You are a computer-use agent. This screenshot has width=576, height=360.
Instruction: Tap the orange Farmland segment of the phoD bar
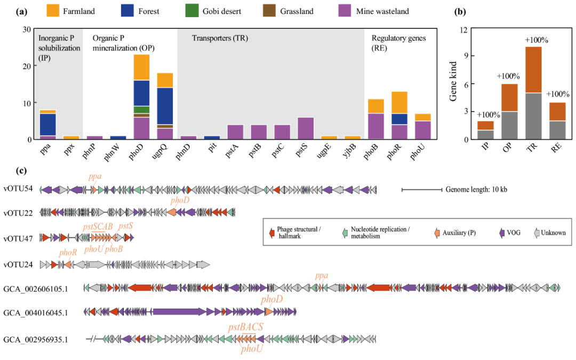click(x=141, y=67)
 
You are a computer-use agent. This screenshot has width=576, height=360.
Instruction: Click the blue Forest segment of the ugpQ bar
click(x=165, y=106)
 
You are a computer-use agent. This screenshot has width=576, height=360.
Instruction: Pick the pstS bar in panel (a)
click(x=306, y=128)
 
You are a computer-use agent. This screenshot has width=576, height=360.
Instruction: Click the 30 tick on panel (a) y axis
click(x=26, y=29)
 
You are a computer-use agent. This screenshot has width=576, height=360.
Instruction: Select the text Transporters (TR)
click(x=220, y=38)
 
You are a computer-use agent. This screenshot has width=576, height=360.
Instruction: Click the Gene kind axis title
click(x=454, y=84)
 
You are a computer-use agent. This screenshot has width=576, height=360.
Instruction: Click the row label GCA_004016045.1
click(x=36, y=312)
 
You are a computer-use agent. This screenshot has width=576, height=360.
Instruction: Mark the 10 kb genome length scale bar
click(x=422, y=189)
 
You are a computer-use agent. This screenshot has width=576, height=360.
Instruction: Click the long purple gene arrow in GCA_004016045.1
click(x=179, y=311)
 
